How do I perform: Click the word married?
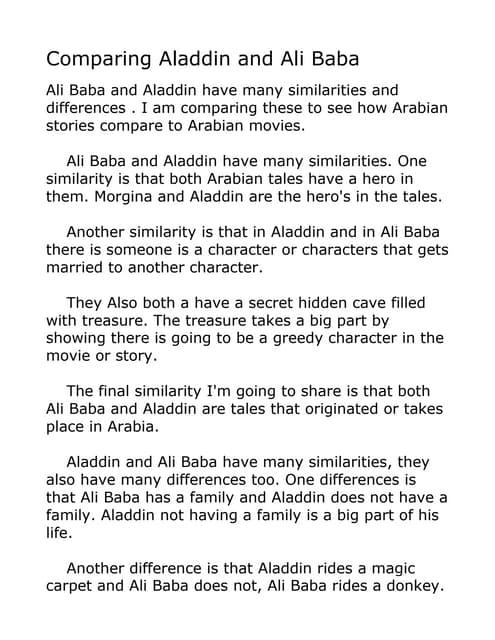(78, 267)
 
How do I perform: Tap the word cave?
(374, 302)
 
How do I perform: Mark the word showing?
(79, 337)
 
